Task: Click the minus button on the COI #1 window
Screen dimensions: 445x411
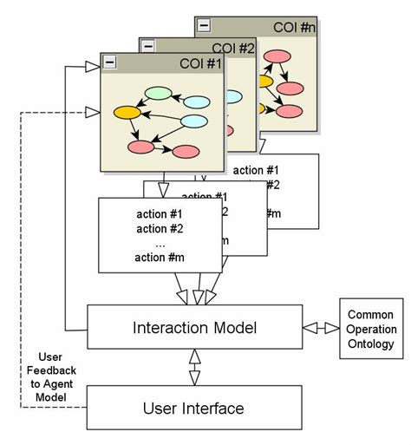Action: (x=110, y=62)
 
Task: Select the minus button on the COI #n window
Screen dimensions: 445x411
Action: (x=203, y=25)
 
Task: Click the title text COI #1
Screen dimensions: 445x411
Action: (x=200, y=62)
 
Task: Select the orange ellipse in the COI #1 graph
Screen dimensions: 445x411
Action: (x=126, y=112)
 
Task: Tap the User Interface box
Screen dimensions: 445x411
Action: (x=192, y=407)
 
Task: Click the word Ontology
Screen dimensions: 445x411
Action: (x=371, y=344)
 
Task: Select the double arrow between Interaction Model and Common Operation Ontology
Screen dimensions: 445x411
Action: (x=321, y=327)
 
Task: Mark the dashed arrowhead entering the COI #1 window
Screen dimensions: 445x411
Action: (x=94, y=111)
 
